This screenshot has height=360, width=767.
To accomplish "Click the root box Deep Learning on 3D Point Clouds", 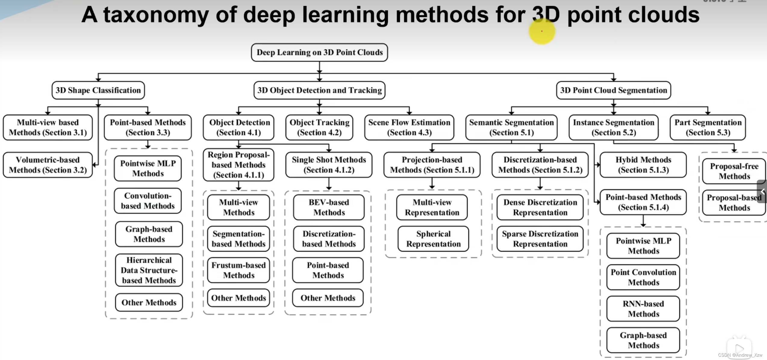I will point(319,52).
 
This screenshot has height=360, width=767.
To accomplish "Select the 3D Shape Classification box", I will point(98,90).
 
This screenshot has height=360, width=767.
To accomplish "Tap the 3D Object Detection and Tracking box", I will point(319,90).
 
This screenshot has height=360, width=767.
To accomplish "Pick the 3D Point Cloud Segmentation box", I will point(613,90).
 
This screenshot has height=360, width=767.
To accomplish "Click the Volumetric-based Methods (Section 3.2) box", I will point(48,165).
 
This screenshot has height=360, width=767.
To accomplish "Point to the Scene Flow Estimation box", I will point(409,127).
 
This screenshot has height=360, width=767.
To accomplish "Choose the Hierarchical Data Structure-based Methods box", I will point(149,270).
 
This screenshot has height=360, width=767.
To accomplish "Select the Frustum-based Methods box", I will point(239,270).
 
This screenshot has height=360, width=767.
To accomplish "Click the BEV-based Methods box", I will point(329,207).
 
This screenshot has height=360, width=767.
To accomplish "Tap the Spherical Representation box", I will point(433,239).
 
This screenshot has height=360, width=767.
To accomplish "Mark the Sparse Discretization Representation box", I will point(540,239).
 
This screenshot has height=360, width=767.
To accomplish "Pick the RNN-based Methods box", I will point(643,309).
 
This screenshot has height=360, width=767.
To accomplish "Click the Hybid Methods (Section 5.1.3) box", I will point(643,165).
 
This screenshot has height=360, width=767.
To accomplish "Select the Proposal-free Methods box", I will point(734,171).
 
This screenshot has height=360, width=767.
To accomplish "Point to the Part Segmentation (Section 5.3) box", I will point(708,127).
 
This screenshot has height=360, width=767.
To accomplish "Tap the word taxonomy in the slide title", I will point(156,15).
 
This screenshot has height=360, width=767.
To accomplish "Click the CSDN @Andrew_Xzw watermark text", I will point(740,355).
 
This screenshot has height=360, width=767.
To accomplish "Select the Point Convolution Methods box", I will point(643,277).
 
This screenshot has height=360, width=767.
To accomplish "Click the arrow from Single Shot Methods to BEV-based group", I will point(329,184).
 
